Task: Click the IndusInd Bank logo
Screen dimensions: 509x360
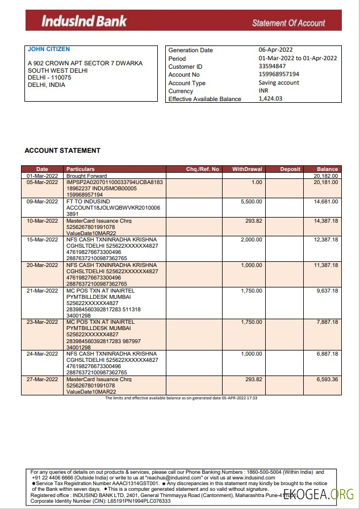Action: pyautogui.click(x=84, y=22)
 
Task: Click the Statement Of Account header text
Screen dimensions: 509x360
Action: pyautogui.click(x=288, y=23)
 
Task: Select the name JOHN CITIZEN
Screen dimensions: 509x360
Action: pyautogui.click(x=49, y=49)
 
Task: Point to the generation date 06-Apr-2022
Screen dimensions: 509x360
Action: pyautogui.click(x=277, y=50)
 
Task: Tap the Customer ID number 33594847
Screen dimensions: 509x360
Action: pyautogui.click(x=272, y=66)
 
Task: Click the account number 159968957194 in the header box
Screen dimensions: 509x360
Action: pyautogui.click(x=279, y=74)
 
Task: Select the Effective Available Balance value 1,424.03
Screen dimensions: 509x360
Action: pyautogui.click(x=270, y=99)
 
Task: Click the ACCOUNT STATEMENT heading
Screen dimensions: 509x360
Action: pyautogui.click(x=62, y=151)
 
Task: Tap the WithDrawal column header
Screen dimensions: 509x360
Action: pyautogui.click(x=247, y=169)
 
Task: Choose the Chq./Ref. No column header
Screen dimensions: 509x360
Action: pyautogui.click(x=202, y=169)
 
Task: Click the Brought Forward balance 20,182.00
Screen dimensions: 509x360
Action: pyautogui.click(x=326, y=176)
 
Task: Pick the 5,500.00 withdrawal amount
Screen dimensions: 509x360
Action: pyautogui.click(x=252, y=202)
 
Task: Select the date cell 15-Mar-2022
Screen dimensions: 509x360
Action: pyautogui.click(x=43, y=239)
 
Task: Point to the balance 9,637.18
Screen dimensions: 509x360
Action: pyautogui.click(x=327, y=291)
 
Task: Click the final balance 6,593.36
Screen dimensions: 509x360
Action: pyautogui.click(x=327, y=379)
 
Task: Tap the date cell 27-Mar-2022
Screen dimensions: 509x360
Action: pyautogui.click(x=43, y=379)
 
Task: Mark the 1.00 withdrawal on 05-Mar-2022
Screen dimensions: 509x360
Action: pyautogui.click(x=257, y=182)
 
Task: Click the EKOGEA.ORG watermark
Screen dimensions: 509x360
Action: pyautogui.click(x=318, y=494)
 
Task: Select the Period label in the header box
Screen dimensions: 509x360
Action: pyautogui.click(x=177, y=59)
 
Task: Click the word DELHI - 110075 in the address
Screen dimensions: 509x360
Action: pyautogui.click(x=49, y=77)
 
